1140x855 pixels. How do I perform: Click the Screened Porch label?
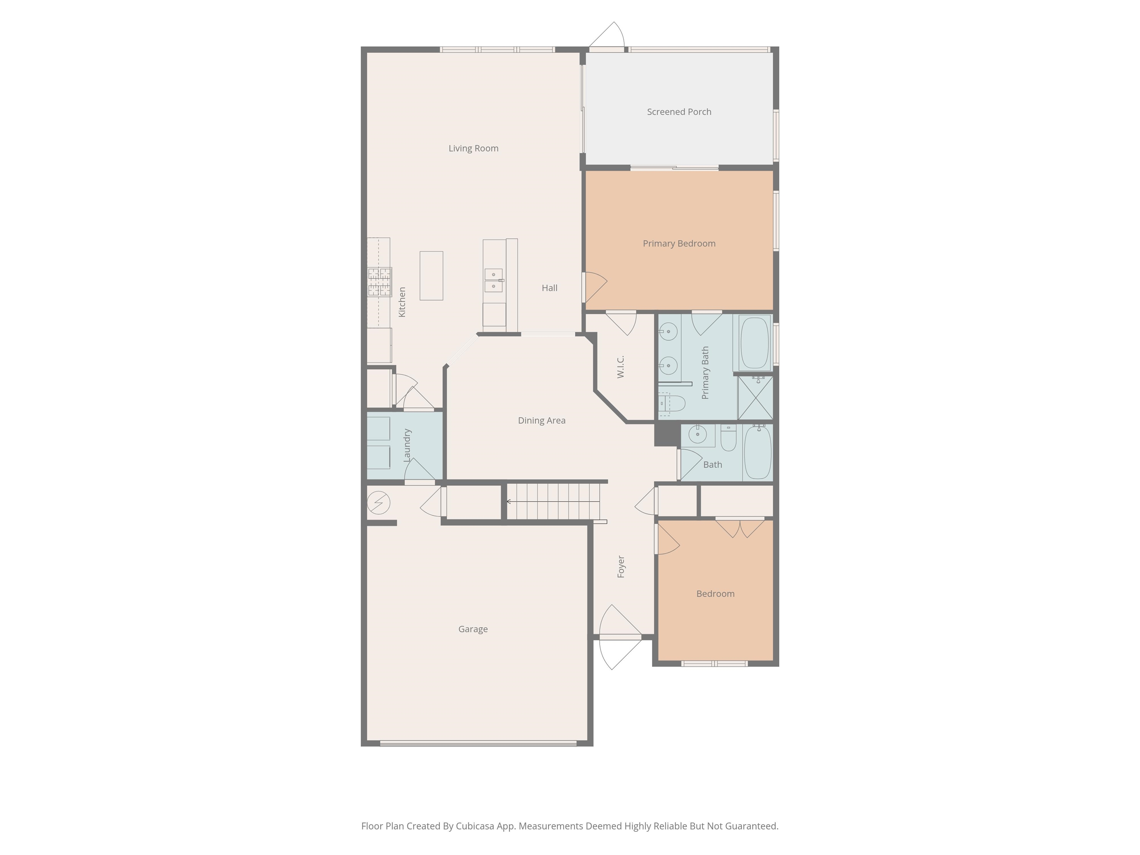[x=679, y=112]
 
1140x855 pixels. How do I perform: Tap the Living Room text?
[x=473, y=148]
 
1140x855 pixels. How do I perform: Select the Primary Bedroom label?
[x=679, y=243]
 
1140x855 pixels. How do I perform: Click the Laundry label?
[x=407, y=445]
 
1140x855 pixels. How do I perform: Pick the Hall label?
[x=549, y=288]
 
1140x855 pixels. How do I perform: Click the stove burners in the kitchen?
[x=379, y=282]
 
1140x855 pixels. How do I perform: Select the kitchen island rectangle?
[x=431, y=276]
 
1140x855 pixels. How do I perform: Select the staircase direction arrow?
[x=554, y=501]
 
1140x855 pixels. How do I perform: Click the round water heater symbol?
[x=378, y=502]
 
